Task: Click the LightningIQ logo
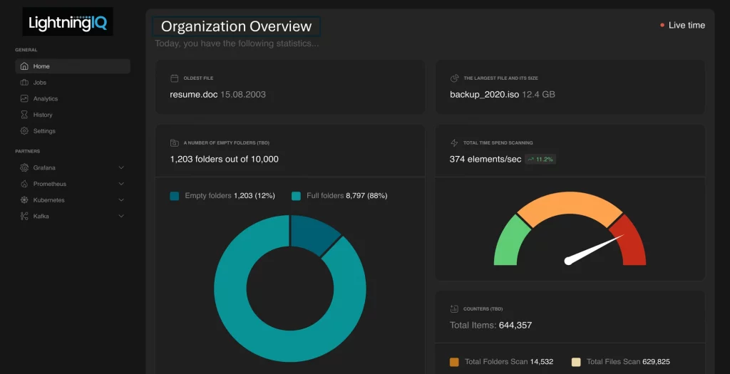(x=67, y=23)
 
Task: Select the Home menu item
(x=41, y=66)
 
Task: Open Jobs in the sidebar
(x=39, y=83)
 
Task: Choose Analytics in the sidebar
(x=45, y=99)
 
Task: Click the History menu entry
(x=43, y=115)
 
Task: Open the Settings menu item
(x=44, y=131)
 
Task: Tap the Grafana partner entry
(x=44, y=167)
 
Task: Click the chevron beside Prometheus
(x=121, y=184)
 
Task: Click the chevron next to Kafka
(x=121, y=216)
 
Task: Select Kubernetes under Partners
(x=48, y=200)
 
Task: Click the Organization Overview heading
(x=236, y=26)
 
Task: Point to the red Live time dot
(x=662, y=26)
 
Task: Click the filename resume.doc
(x=193, y=94)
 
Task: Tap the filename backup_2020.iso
(x=484, y=94)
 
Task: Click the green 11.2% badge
(x=540, y=160)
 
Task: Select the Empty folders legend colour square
(x=175, y=196)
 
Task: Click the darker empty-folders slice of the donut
(x=314, y=232)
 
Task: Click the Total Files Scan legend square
(x=576, y=362)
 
